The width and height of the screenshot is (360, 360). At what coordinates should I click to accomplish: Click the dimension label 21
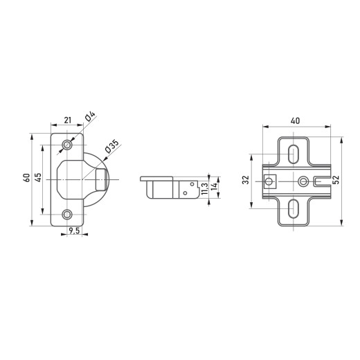pyautogui.click(x=68, y=120)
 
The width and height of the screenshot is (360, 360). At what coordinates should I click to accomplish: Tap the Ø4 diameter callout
pyautogui.click(x=90, y=116)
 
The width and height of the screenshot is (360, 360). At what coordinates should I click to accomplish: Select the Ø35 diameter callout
pyautogui.click(x=111, y=146)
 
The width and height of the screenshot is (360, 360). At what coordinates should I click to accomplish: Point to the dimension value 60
pyautogui.click(x=27, y=177)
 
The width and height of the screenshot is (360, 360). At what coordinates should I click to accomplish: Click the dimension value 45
pyautogui.click(x=38, y=177)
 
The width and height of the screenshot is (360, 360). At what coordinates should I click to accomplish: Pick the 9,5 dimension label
pyautogui.click(x=74, y=231)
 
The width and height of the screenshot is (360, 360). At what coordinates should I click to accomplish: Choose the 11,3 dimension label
pyautogui.click(x=205, y=188)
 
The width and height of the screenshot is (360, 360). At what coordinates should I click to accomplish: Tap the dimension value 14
pyautogui.click(x=214, y=186)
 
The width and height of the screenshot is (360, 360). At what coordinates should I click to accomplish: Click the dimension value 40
pyautogui.click(x=295, y=120)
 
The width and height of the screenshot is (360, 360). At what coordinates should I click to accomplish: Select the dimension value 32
pyautogui.click(x=246, y=180)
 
